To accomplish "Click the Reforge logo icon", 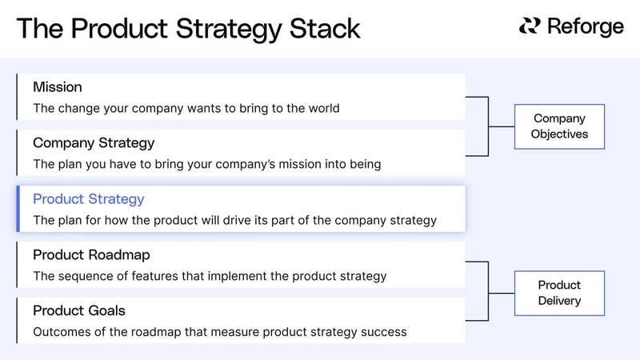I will pos(530,26).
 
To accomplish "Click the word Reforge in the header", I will pos(586,26).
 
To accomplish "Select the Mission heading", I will pos(58,86).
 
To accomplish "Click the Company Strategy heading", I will pos(94,142).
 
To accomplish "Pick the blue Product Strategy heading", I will pos(88,198).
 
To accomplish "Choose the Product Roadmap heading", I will pos(91,254).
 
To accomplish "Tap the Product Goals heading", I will pos(79,310).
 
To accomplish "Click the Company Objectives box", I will pos(559,126).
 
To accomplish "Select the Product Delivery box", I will pos(559,293).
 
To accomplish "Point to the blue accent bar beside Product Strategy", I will pos(18,209).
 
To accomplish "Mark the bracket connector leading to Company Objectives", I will pos(487,126).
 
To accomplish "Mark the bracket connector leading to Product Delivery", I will pos(487,293).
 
